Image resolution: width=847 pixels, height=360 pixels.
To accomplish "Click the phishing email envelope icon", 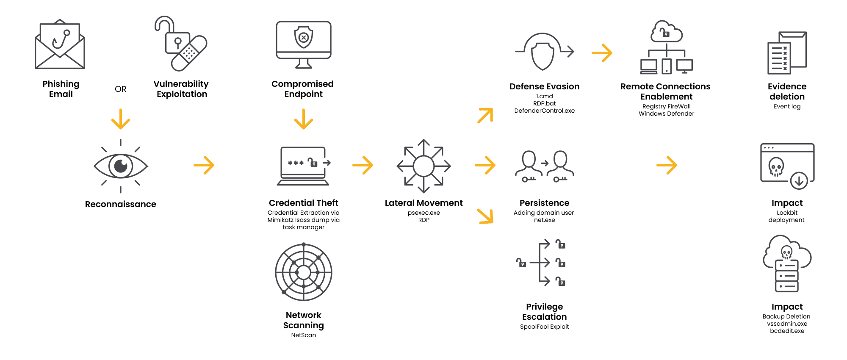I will (x=60, y=44).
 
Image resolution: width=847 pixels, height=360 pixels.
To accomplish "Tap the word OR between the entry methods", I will (x=121, y=89).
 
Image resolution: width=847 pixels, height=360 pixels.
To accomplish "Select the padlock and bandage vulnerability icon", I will (x=181, y=44).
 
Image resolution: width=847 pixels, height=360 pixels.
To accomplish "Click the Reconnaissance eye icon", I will (x=121, y=166).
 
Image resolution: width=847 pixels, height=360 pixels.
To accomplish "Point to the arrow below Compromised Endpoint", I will (x=304, y=119).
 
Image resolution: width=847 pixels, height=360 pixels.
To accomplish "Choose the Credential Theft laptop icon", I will (x=304, y=166).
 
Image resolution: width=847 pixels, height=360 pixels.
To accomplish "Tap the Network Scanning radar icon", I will (x=304, y=272).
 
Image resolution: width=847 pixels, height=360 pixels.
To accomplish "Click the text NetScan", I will (x=304, y=335).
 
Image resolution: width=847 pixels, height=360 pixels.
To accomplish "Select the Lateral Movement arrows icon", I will (x=423, y=166).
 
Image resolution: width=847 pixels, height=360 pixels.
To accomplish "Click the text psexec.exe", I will (x=423, y=213).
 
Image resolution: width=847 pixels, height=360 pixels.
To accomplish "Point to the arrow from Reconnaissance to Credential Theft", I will (x=204, y=165).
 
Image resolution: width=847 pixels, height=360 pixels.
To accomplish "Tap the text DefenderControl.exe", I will (x=544, y=111).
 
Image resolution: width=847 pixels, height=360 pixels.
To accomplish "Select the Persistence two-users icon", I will (x=545, y=166).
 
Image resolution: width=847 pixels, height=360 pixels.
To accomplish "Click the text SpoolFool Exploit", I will (x=544, y=327).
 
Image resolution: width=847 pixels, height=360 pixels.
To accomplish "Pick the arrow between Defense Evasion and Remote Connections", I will (x=602, y=53).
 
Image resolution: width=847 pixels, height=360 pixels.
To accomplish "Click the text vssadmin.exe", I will (x=787, y=324).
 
